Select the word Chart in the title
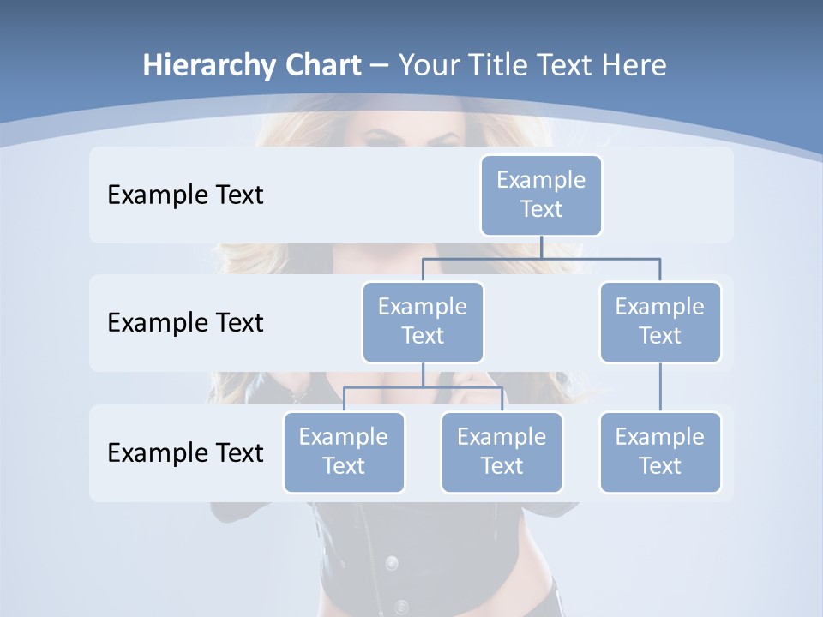pyautogui.click(x=323, y=66)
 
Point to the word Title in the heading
pyautogui.click(x=505, y=66)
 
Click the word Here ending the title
pyautogui.click(x=635, y=66)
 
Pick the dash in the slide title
pyautogui.click(x=380, y=66)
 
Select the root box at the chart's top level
pyautogui.click(x=541, y=195)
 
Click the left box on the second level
pyautogui.click(x=423, y=322)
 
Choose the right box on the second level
pyautogui.click(x=660, y=322)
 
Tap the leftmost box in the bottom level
pyautogui.click(x=344, y=452)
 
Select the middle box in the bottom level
pyautogui.click(x=502, y=452)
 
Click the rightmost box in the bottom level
pyautogui.click(x=660, y=452)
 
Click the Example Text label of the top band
pyautogui.click(x=185, y=195)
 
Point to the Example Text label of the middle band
pyautogui.click(x=185, y=323)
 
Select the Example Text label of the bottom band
pyautogui.click(x=185, y=452)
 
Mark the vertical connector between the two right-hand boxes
pyautogui.click(x=660, y=387)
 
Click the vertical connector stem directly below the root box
pyautogui.click(x=541, y=247)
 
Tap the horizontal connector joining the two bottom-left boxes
pyautogui.click(x=423, y=387)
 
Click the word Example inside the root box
pyautogui.click(x=541, y=180)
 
